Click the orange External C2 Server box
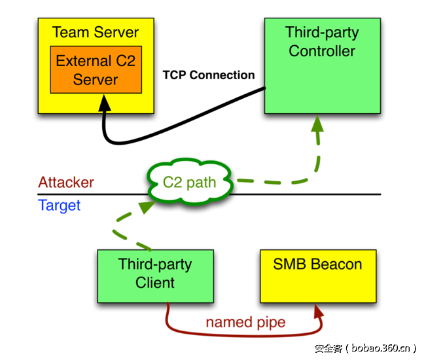(96, 70)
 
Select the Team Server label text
(96, 32)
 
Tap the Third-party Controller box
(321, 65)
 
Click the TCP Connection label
(209, 75)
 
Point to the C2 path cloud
(190, 183)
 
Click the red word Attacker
(66, 183)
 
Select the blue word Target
(60, 206)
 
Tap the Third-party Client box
(154, 276)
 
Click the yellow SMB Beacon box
(317, 276)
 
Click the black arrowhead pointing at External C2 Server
(105, 102)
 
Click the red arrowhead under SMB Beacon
(318, 310)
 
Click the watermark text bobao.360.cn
(380, 348)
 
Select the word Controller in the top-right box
(322, 51)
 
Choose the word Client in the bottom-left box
(155, 283)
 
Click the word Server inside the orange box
(96, 80)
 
